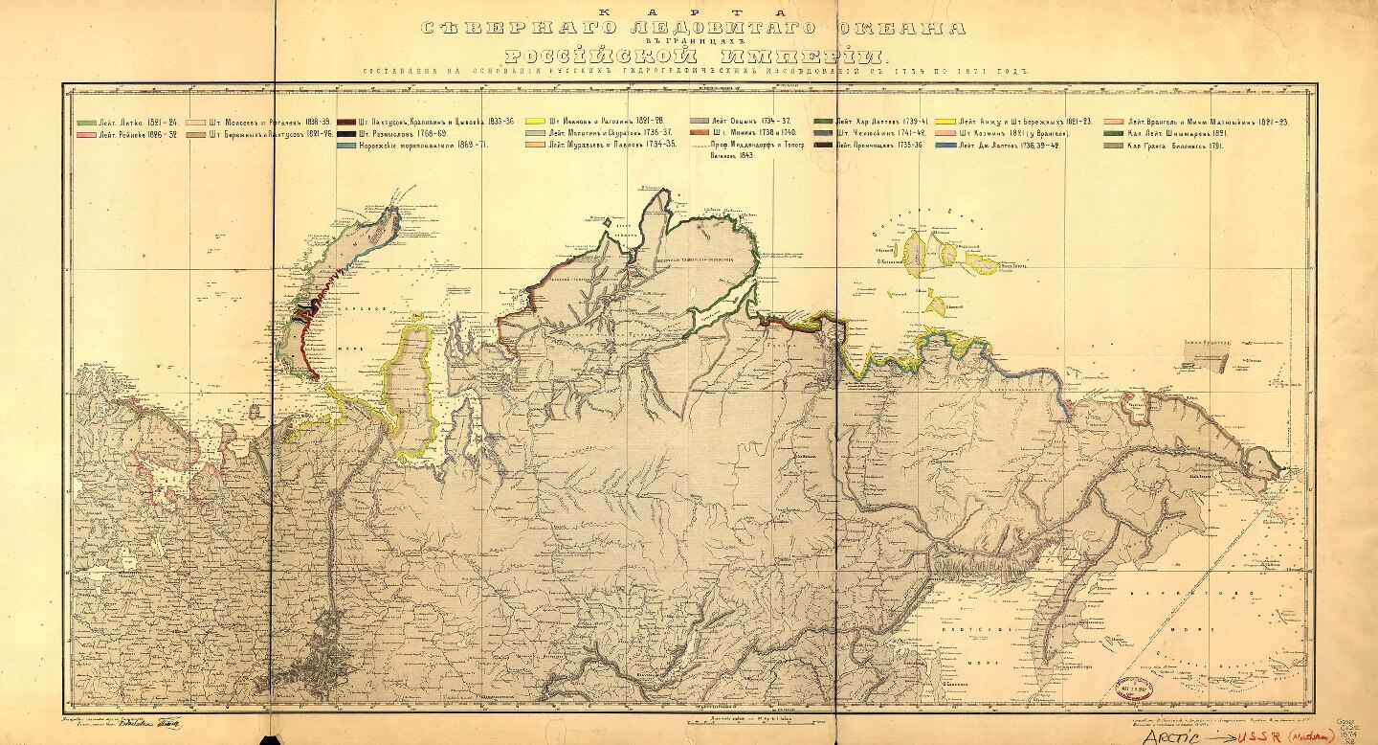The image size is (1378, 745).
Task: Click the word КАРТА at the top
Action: (x=688, y=11)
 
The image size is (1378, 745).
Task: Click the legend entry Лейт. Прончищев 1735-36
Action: (x=878, y=146)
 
